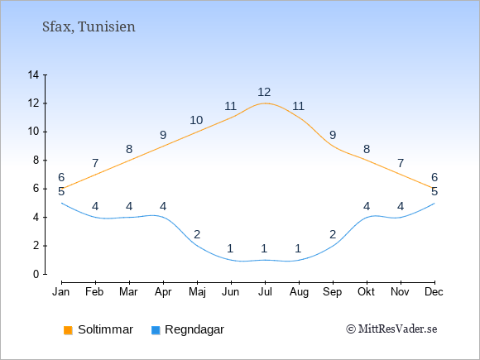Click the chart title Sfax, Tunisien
pyautogui.click(x=89, y=26)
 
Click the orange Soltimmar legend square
pyautogui.click(x=68, y=330)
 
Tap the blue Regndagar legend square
pyautogui.click(x=156, y=330)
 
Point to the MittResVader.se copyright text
pyautogui.click(x=391, y=329)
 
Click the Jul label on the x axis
pyautogui.click(x=265, y=292)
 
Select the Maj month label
pyautogui.click(x=197, y=292)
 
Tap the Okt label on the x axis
pyautogui.click(x=366, y=292)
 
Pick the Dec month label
pyautogui.click(x=434, y=292)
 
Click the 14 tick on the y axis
pyautogui.click(x=33, y=74)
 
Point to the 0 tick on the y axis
pyautogui.click(x=36, y=274)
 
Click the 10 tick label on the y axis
pyautogui.click(x=33, y=132)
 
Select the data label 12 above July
pyautogui.click(x=264, y=92)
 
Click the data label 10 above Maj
pyautogui.click(x=196, y=120)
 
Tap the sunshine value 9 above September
pyautogui.click(x=333, y=135)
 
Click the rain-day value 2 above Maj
pyautogui.click(x=197, y=234)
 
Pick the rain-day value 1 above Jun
pyautogui.click(x=231, y=248)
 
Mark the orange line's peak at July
pyautogui.click(x=265, y=103)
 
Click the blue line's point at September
pyautogui.click(x=333, y=246)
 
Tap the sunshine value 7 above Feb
pyautogui.click(x=95, y=163)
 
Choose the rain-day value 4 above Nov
pyautogui.click(x=401, y=206)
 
